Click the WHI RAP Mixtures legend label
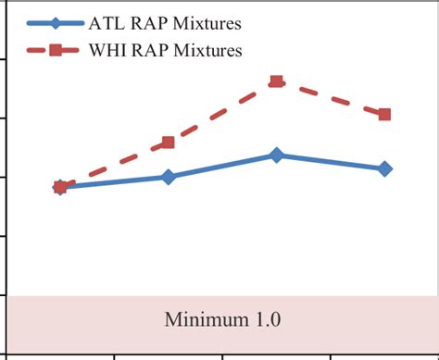pos(167,51)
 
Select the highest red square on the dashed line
pos(276,82)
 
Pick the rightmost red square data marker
pos(384,114)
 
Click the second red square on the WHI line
pos(168,143)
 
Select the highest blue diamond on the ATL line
pos(276,155)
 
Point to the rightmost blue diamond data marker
pos(384,168)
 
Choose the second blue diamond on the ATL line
pos(168,177)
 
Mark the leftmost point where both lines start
pos(60,187)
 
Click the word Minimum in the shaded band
pos(197,320)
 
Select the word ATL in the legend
pos(106,23)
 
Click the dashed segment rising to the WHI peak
pos(222,112)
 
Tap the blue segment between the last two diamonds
pos(331,162)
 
